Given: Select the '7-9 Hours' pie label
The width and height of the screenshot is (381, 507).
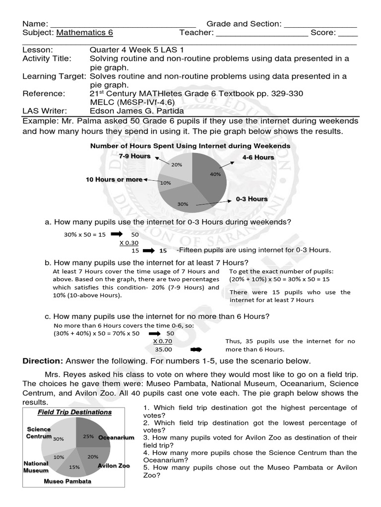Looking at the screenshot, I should [134, 156].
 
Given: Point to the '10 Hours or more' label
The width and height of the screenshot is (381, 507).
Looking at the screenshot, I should [114, 179].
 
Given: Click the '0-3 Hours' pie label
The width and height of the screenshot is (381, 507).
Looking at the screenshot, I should [252, 199].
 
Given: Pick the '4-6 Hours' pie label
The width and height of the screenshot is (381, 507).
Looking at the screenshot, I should [258, 157].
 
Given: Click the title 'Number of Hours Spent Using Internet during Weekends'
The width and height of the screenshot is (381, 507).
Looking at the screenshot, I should [190, 146].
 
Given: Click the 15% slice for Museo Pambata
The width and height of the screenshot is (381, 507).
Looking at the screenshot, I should [74, 464].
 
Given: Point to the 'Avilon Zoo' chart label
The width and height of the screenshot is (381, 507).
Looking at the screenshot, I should [113, 466].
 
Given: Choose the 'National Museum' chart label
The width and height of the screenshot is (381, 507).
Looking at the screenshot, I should [36, 467].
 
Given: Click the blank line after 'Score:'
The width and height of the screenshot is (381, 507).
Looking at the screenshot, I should [348, 33].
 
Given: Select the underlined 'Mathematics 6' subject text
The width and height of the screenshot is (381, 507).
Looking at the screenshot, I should [84, 33].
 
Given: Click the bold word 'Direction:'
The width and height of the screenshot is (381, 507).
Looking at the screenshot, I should [43, 361].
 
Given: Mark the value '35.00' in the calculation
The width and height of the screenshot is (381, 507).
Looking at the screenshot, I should [162, 349].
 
